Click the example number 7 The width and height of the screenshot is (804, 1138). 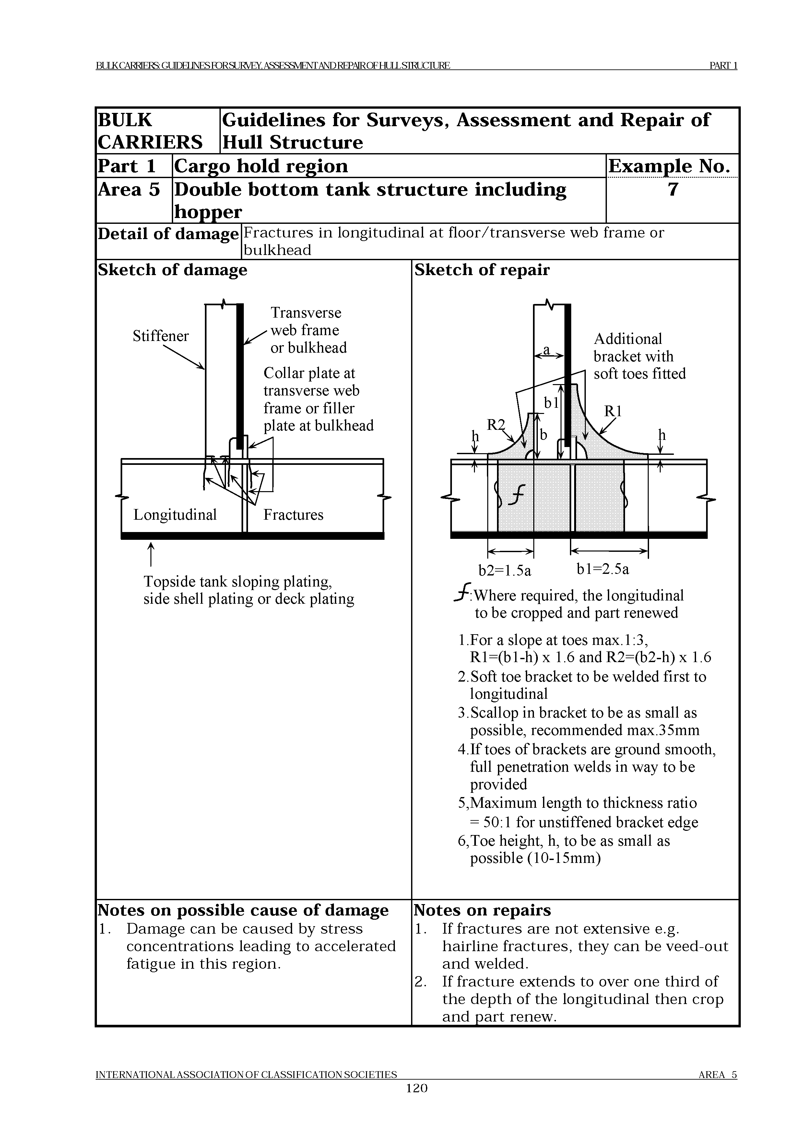point(672,190)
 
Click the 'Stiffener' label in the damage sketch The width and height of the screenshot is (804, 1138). point(160,336)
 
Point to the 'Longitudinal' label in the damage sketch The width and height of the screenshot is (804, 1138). point(175,515)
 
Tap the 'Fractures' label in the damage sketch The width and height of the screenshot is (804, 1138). point(293,515)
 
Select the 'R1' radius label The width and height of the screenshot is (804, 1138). point(613,411)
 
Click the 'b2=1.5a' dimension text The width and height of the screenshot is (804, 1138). point(505,571)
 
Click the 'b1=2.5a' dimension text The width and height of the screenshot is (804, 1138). point(603,569)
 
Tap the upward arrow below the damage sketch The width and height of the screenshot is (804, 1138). point(151,555)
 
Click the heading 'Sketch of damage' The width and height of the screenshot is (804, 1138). point(172,270)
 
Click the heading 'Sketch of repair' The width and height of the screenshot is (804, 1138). point(482,270)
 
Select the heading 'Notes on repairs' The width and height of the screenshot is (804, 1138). point(482,911)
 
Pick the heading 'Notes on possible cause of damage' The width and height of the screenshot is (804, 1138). point(243,911)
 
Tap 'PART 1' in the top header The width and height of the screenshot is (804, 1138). point(723,66)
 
